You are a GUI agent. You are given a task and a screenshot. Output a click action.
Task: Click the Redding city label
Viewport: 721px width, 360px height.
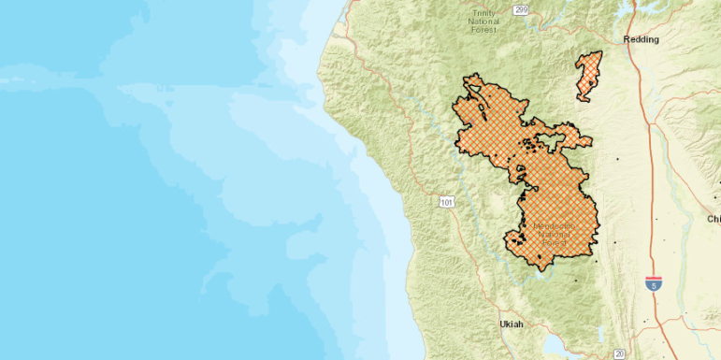click(x=642, y=39)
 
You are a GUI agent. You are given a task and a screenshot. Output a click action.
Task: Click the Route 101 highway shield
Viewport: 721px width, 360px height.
click(x=448, y=201)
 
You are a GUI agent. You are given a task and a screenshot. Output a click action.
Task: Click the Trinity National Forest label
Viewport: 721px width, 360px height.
click(x=484, y=21)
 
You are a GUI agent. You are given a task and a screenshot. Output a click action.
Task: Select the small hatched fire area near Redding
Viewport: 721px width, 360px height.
click(x=588, y=76)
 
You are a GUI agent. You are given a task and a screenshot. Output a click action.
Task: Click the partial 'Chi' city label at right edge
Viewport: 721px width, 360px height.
click(x=714, y=218)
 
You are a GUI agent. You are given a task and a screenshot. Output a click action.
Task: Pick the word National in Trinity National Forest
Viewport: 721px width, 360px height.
click(x=484, y=21)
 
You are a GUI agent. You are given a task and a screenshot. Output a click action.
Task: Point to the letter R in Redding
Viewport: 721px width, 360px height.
click(x=627, y=39)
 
